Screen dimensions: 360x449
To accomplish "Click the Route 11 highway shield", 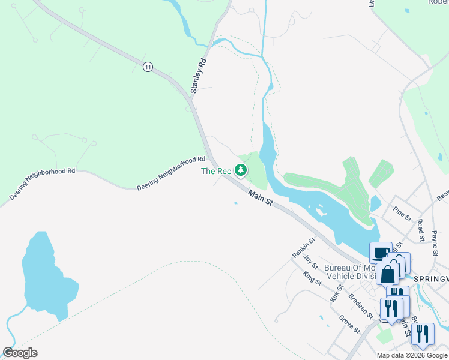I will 148,67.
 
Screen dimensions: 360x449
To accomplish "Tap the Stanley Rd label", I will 199,76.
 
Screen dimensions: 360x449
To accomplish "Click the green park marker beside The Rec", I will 241,170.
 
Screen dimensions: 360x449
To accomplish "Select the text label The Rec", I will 216,172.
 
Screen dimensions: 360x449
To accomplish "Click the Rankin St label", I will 304,247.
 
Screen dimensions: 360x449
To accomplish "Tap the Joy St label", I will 310,261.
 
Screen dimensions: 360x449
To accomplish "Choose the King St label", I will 312,277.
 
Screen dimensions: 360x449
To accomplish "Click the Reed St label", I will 420,230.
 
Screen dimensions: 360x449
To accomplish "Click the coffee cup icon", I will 381,253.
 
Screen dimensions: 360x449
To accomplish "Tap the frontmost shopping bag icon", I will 388,274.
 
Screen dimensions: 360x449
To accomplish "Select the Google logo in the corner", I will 20,353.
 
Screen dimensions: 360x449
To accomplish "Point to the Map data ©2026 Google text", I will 412,355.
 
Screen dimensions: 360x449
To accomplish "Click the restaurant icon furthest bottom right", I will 423,334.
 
